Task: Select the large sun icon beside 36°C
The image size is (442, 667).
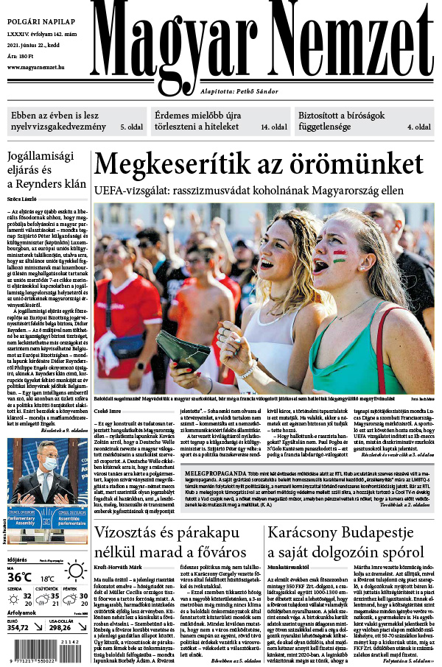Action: click(74, 571)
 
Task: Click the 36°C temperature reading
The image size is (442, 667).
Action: click(20, 577)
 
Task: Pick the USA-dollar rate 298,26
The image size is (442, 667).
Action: click(60, 627)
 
